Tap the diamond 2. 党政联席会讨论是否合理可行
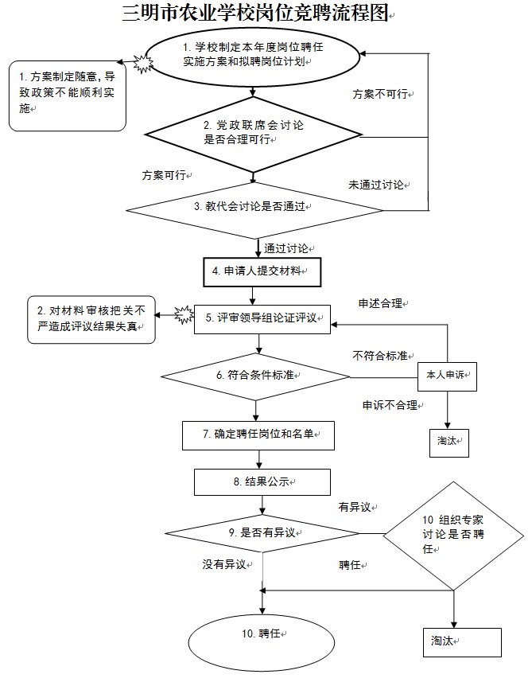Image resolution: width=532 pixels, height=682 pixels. tap(253, 133)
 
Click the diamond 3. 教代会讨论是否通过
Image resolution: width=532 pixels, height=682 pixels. tap(257, 207)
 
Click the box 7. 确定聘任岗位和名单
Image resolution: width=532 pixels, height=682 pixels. tap(258, 435)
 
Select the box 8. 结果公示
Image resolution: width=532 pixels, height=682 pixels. tap(250, 481)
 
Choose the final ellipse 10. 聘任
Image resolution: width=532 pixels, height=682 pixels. tap(259, 634)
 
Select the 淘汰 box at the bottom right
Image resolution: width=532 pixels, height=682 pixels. tap(461, 641)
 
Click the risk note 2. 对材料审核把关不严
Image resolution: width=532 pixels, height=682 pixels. tap(90, 320)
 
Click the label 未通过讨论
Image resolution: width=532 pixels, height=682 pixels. tap(377, 185)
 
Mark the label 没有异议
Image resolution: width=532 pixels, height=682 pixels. tap(223, 564)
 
